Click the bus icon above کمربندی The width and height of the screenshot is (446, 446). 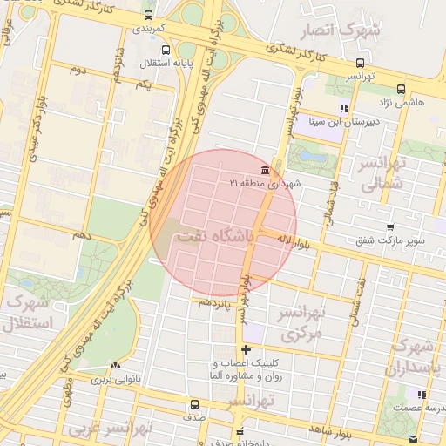point(147,16)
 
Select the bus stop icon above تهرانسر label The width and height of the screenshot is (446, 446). point(360,63)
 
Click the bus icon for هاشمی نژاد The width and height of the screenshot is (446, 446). point(401,89)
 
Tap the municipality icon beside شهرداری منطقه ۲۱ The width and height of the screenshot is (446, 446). point(265,169)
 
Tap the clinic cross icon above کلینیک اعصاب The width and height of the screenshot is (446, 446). point(247,349)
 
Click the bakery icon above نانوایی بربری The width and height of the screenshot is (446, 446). point(116,366)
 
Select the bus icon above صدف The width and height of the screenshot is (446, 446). point(193,404)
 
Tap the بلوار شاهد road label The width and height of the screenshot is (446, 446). point(331,430)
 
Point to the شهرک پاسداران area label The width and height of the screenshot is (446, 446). point(416,356)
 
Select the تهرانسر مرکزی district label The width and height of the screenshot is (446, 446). point(301,322)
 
